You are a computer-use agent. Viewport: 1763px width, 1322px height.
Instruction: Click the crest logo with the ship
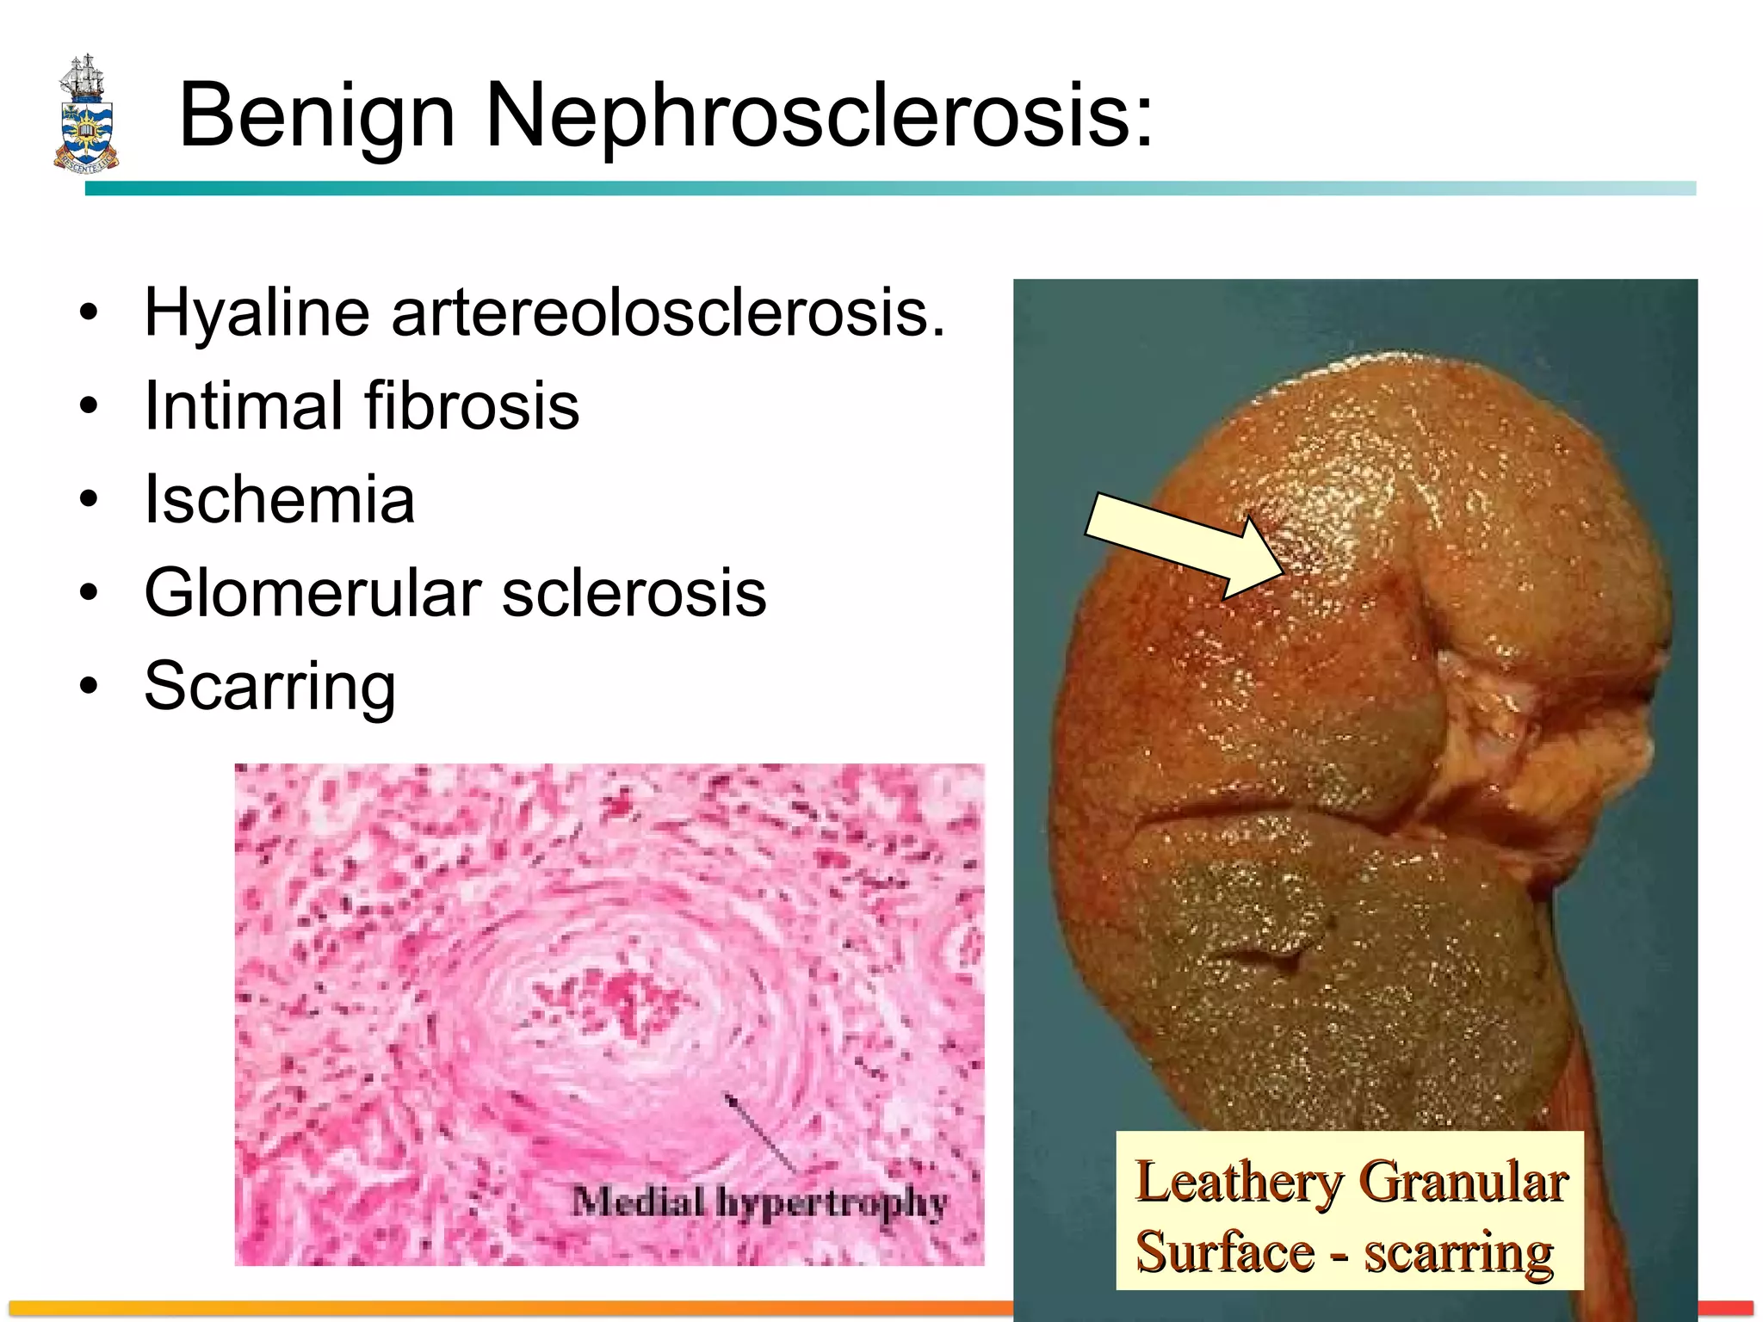[85, 114]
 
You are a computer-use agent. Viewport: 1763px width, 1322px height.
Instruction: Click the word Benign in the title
[316, 115]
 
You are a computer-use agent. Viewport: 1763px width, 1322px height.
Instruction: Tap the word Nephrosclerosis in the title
[818, 115]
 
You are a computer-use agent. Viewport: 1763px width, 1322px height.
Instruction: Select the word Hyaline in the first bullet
[257, 313]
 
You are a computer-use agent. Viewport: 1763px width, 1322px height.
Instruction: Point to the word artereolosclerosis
[668, 313]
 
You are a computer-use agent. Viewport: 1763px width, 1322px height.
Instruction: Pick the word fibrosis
[472, 405]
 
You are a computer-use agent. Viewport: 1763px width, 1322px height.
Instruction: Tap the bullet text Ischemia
[279, 499]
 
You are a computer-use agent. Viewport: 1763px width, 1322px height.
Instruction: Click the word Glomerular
[312, 593]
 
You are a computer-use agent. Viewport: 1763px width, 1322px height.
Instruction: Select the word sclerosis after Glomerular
[634, 593]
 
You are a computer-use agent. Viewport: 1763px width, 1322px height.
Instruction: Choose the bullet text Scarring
[269, 687]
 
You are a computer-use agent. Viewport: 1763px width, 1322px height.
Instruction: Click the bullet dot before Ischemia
[89, 500]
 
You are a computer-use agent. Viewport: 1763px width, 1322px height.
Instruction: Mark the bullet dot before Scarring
[89, 687]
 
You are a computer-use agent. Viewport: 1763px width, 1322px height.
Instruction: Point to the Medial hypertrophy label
[759, 1202]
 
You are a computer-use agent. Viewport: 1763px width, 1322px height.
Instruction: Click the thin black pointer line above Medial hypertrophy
[761, 1132]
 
